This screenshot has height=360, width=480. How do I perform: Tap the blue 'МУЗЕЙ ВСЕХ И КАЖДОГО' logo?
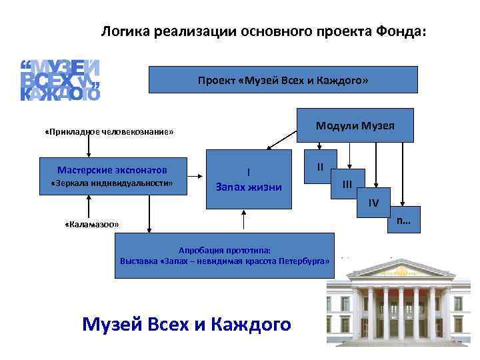(x=60, y=80)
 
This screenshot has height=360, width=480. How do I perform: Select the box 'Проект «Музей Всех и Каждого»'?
(x=283, y=80)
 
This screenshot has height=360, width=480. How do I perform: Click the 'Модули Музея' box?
(x=355, y=125)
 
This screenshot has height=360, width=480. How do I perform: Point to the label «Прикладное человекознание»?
(x=109, y=132)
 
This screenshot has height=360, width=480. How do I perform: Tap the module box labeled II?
(x=321, y=167)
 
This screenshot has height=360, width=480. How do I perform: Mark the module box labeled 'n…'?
(x=403, y=220)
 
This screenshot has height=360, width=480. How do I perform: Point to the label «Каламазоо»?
(x=92, y=225)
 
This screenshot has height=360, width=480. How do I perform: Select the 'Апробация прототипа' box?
(x=225, y=255)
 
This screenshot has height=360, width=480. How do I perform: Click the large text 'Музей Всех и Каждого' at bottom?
(x=187, y=325)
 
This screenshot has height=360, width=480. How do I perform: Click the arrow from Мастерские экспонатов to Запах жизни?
(x=195, y=177)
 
